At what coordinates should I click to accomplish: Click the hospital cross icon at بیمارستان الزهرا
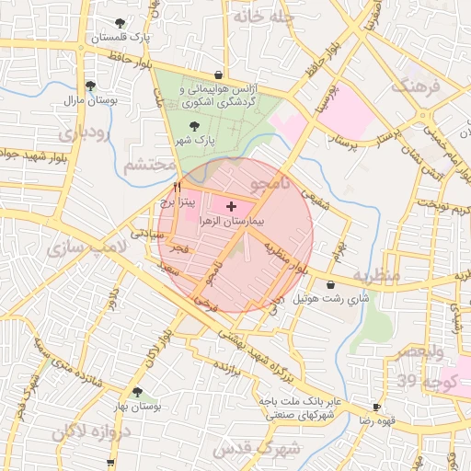click(x=230, y=206)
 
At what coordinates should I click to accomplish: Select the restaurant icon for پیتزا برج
click(x=177, y=186)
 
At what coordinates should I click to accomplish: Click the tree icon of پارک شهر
click(x=192, y=126)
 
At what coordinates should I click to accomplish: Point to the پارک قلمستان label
click(x=121, y=38)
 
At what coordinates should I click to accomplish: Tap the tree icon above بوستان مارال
click(x=89, y=86)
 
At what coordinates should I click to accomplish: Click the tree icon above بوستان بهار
click(x=137, y=392)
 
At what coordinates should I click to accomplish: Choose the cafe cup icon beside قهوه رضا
click(x=376, y=407)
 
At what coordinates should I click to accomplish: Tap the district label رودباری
click(x=83, y=133)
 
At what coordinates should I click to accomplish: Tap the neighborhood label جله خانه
click(x=261, y=16)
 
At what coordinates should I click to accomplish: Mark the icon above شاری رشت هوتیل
click(x=330, y=285)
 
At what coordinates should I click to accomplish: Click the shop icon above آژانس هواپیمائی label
click(x=218, y=75)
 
